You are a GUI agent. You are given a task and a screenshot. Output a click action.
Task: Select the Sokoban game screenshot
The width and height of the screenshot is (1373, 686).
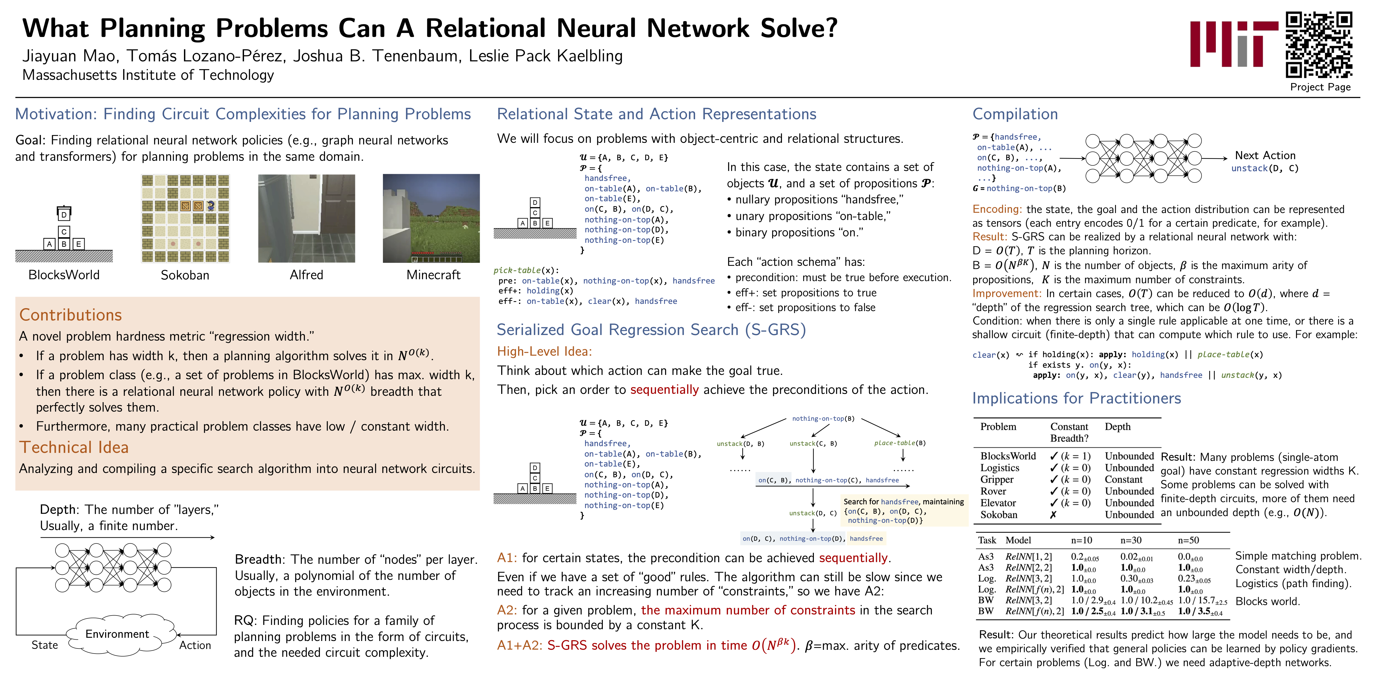click(x=185, y=218)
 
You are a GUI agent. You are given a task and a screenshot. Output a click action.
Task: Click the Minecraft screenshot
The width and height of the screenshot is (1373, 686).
click(x=431, y=218)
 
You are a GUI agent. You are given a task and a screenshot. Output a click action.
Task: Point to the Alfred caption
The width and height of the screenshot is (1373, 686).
click(x=307, y=275)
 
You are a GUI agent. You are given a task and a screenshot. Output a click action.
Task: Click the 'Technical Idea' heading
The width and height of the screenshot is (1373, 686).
click(x=74, y=448)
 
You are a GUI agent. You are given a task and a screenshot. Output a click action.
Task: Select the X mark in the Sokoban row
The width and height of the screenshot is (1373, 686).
click(x=1053, y=514)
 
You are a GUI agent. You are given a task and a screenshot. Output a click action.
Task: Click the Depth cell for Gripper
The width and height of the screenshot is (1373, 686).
click(x=1123, y=479)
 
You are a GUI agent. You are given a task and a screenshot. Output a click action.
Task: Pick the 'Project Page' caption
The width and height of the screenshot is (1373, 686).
click(x=1320, y=87)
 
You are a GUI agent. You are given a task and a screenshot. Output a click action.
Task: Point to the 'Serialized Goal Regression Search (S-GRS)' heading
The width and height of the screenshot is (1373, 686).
click(x=651, y=330)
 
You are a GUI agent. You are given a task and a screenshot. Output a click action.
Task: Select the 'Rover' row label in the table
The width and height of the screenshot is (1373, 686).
click(x=993, y=491)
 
